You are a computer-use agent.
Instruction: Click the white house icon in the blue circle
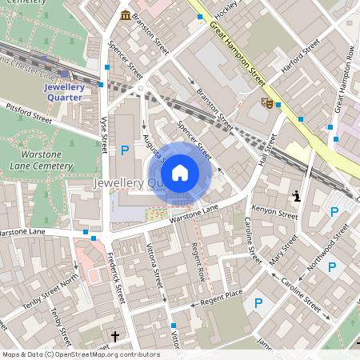tap(180, 172)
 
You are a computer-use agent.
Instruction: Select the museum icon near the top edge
tap(126, 15)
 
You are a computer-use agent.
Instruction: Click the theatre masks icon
tap(268, 102)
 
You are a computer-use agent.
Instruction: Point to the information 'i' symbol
tap(297, 195)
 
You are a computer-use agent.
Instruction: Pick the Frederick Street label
tap(116, 276)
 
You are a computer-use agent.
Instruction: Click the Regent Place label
tap(222, 297)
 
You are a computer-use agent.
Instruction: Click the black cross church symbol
tap(114, 336)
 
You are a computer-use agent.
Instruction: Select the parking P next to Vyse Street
tap(124, 150)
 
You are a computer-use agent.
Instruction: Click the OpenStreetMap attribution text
tap(81, 354)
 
